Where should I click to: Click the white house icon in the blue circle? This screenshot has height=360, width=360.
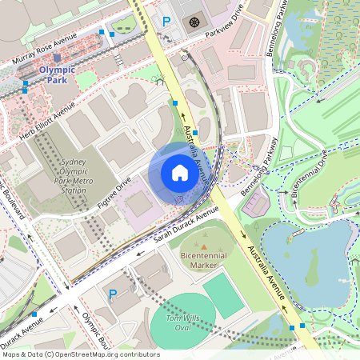click(179, 173)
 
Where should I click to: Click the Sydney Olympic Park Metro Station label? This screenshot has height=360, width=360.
click(73, 176)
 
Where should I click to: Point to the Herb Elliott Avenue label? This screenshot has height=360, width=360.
click(47, 118)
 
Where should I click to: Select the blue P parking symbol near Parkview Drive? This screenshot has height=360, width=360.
click(166, 22)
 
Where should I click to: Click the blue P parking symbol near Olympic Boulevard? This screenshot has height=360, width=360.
click(113, 294)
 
